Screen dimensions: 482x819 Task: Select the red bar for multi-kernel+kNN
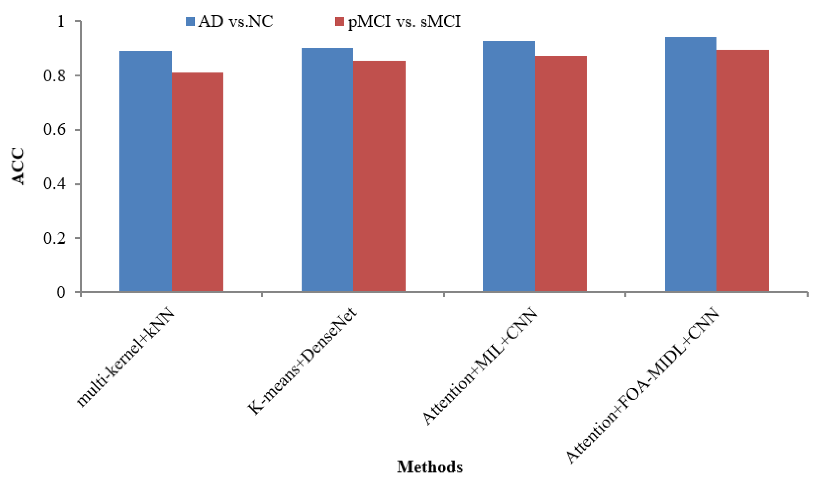tap(197, 182)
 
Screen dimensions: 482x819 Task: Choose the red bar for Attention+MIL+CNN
tap(561, 174)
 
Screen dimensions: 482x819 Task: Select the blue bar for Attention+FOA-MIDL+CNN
tap(691, 164)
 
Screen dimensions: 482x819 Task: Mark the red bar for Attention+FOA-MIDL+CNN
tap(743, 171)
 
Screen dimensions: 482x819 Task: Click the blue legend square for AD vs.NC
tap(190, 22)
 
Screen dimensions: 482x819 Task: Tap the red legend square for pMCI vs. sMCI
tap(340, 22)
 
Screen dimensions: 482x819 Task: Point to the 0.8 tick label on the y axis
tap(55, 76)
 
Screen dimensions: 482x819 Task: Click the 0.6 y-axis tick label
tap(55, 130)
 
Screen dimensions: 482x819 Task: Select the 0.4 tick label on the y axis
tap(55, 184)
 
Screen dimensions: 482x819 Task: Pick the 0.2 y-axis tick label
tap(55, 238)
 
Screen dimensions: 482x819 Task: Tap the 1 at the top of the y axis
tap(61, 22)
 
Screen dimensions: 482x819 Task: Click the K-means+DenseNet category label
tap(302, 361)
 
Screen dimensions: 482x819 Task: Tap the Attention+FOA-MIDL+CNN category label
tap(642, 385)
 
